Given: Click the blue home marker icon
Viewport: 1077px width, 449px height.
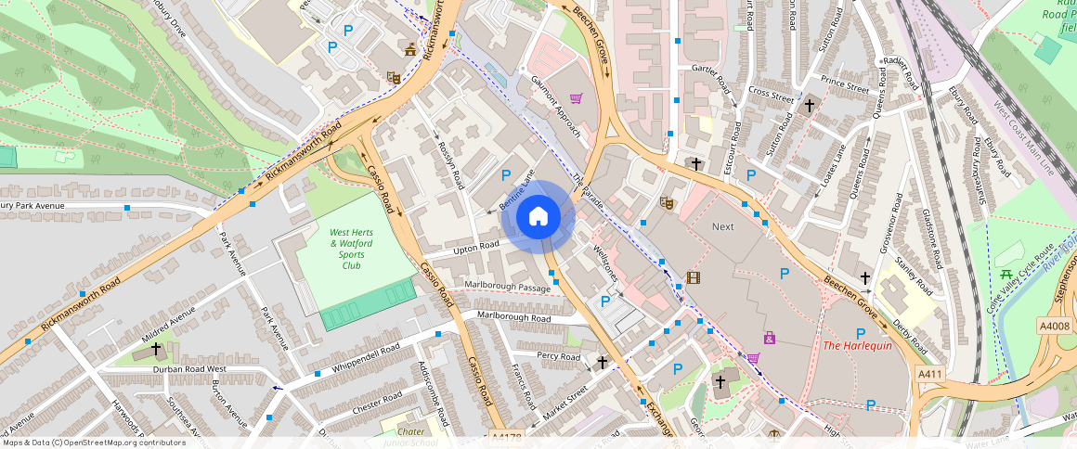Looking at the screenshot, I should coord(538,217).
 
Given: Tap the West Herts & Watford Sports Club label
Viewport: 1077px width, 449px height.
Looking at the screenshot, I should coord(352,248).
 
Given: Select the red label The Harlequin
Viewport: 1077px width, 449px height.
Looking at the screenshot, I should coord(857,346).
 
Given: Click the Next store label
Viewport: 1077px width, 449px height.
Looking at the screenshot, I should coord(722,226).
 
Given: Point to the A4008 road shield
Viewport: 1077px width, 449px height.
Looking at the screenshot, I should coord(1055,326).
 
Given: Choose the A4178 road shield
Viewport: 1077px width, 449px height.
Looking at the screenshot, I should coord(506,436).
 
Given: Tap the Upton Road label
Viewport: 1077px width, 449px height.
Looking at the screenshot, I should coord(476,246).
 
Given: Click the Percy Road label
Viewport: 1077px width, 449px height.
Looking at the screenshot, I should coord(559,356).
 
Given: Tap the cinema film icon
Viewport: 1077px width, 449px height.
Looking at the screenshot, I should coord(693,277).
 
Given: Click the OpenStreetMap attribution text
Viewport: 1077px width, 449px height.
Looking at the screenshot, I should coord(93,443).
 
